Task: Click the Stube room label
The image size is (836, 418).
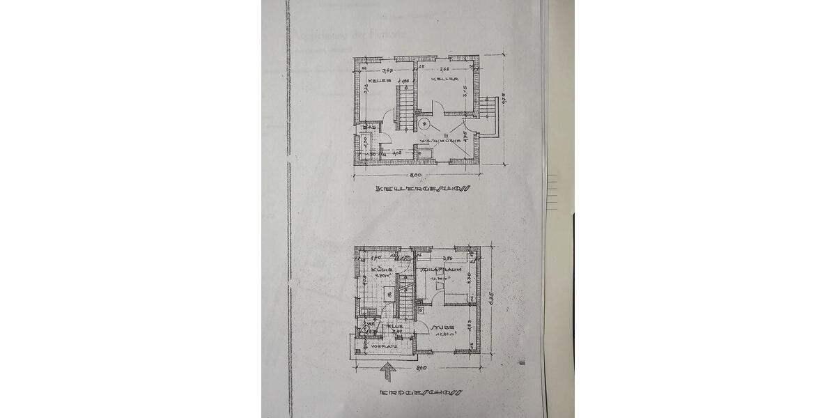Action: tap(444, 326)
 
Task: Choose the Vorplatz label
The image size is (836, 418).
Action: tap(385, 346)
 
